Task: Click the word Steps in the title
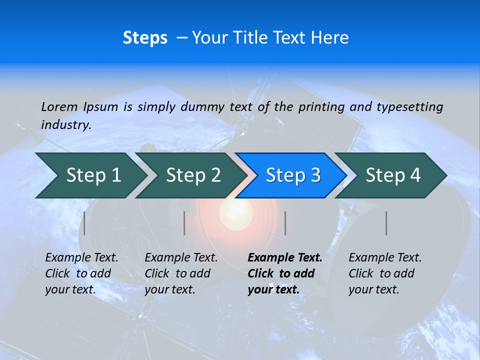[x=145, y=38]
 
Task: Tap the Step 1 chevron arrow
[x=90, y=175]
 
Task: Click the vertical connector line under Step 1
[x=84, y=223]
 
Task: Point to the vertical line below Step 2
[x=184, y=223]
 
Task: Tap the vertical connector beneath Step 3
[x=285, y=223]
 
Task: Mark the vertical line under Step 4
[x=386, y=223]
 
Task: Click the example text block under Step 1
[x=81, y=273]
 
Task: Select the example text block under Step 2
[x=181, y=273]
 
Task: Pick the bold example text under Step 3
[x=284, y=273]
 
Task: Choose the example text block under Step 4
[x=385, y=273]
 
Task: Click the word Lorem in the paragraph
[x=59, y=106]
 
